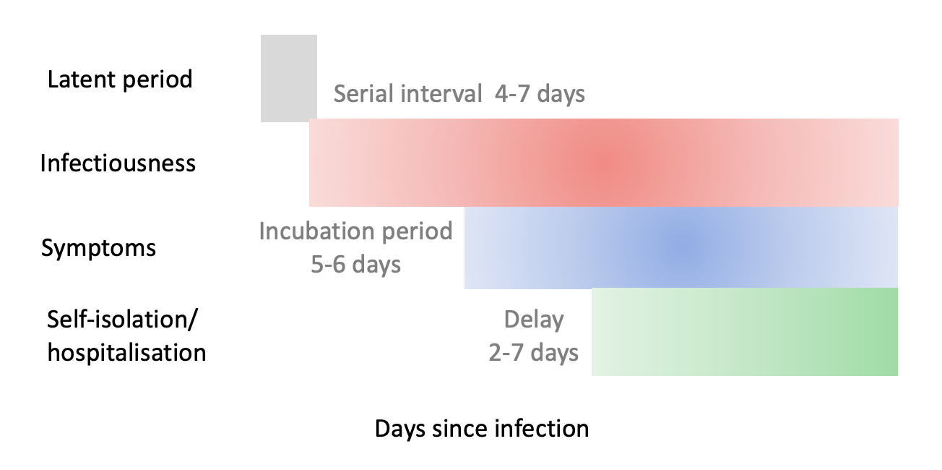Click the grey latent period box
[x=288, y=78]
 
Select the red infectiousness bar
[x=604, y=163]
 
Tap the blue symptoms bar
[x=681, y=247]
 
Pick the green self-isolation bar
[x=745, y=332]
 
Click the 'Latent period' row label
[x=120, y=80]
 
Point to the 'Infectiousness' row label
[x=118, y=163]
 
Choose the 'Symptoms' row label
[x=98, y=248]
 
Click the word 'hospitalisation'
[x=126, y=352]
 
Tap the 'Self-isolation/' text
[x=122, y=320]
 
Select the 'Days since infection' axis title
[x=482, y=428]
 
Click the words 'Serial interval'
[x=407, y=93]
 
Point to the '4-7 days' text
[x=540, y=93]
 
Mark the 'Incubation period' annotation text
[x=355, y=231]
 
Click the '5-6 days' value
[x=355, y=265]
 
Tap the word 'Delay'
[x=534, y=320]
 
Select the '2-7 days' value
[x=534, y=353]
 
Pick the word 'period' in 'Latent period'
[x=157, y=80]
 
